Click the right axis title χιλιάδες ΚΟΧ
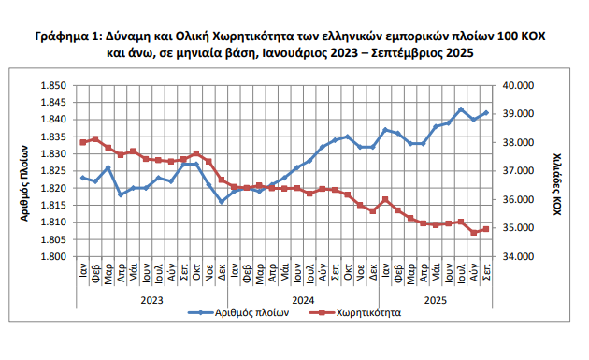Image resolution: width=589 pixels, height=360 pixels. pyautogui.click(x=555, y=180)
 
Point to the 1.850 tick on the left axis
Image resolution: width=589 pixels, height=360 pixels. pyautogui.click(x=51, y=85)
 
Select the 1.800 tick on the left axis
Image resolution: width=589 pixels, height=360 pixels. pyautogui.click(x=51, y=256)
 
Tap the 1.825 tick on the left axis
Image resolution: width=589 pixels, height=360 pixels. pyautogui.click(x=51, y=171)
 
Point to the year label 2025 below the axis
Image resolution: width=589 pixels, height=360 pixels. pyautogui.click(x=436, y=300)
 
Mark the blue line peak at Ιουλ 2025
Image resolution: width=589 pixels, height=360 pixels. pyautogui.click(x=461, y=109)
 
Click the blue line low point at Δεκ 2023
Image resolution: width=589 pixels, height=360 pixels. pyautogui.click(x=222, y=201)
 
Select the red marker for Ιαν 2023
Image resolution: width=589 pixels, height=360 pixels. pyautogui.click(x=83, y=142)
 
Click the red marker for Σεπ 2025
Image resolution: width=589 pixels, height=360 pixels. pyautogui.click(x=486, y=229)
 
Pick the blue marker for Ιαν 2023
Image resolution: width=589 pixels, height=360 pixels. pyautogui.click(x=83, y=178)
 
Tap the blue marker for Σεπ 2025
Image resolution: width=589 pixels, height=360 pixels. pyautogui.click(x=486, y=113)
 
